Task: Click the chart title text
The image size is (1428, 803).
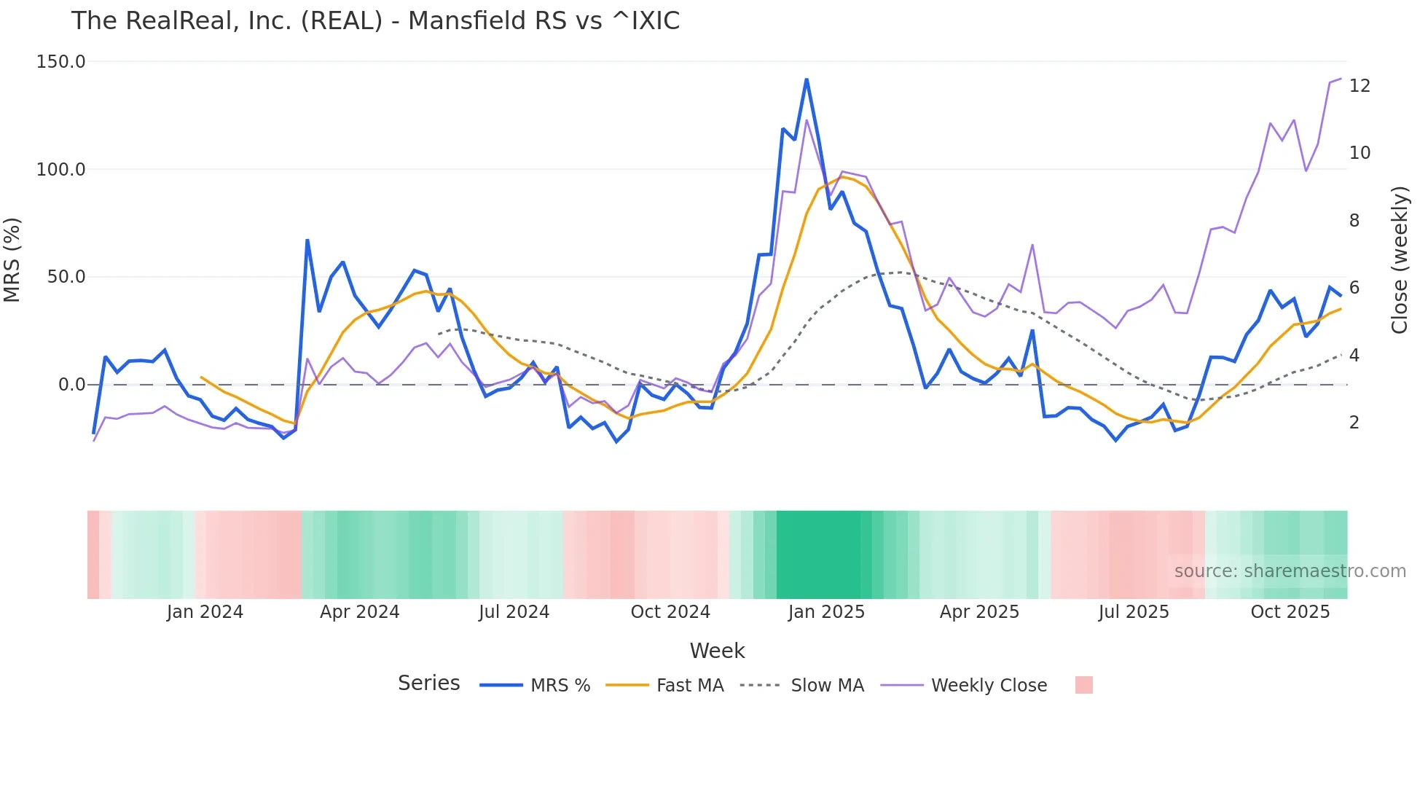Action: click(375, 21)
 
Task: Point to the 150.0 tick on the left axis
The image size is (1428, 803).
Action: click(60, 62)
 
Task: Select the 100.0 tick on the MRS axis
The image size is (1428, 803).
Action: click(60, 170)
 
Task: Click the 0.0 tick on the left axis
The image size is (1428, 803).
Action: click(71, 385)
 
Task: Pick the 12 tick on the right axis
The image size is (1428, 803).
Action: click(1360, 86)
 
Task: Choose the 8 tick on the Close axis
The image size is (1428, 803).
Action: click(1354, 221)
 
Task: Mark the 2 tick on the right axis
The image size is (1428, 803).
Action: click(1354, 423)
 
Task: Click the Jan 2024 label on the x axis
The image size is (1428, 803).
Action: click(205, 612)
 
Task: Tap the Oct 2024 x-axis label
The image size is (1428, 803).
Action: click(670, 612)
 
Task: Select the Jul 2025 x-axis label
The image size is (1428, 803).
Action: click(1134, 612)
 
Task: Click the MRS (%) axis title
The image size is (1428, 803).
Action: click(12, 259)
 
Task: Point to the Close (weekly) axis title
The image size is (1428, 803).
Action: click(1400, 259)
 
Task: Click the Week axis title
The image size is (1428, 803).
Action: click(717, 651)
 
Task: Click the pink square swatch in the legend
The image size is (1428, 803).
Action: click(1083, 685)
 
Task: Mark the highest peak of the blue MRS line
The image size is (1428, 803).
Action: click(807, 79)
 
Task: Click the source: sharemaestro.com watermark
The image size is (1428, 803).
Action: click(1290, 571)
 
